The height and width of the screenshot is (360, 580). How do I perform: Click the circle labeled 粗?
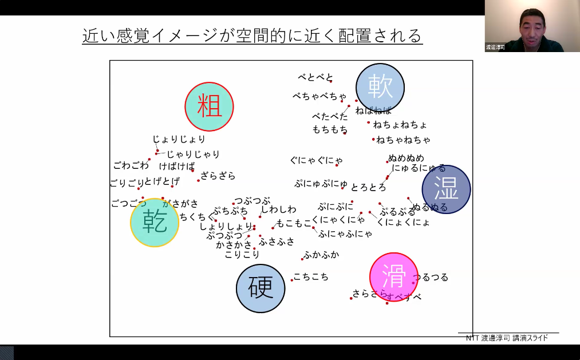click(x=209, y=106)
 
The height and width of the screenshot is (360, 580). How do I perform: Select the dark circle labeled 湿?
click(x=446, y=189)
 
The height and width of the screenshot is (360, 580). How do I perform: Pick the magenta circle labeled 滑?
click(x=394, y=276)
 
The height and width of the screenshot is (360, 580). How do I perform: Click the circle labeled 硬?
click(x=261, y=288)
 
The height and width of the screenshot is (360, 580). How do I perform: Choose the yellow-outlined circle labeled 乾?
click(x=155, y=222)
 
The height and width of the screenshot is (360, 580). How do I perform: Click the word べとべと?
click(x=315, y=77)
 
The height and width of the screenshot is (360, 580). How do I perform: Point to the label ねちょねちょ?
click(x=400, y=124)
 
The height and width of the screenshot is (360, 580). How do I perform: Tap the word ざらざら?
click(x=218, y=176)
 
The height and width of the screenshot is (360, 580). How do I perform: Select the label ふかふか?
click(x=321, y=255)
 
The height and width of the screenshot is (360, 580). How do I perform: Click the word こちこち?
click(x=311, y=277)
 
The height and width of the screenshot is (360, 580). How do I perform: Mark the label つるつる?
click(x=431, y=278)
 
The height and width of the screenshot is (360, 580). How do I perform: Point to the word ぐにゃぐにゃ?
click(x=317, y=160)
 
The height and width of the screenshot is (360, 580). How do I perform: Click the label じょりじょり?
click(x=179, y=139)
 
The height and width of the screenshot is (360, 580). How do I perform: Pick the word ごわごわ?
click(x=131, y=165)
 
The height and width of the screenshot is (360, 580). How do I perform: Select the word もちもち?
click(x=330, y=129)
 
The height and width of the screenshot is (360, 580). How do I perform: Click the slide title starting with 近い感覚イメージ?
click(x=252, y=35)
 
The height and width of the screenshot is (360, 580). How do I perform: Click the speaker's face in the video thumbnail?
click(x=531, y=26)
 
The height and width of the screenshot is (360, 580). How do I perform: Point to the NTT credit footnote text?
click(x=507, y=338)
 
